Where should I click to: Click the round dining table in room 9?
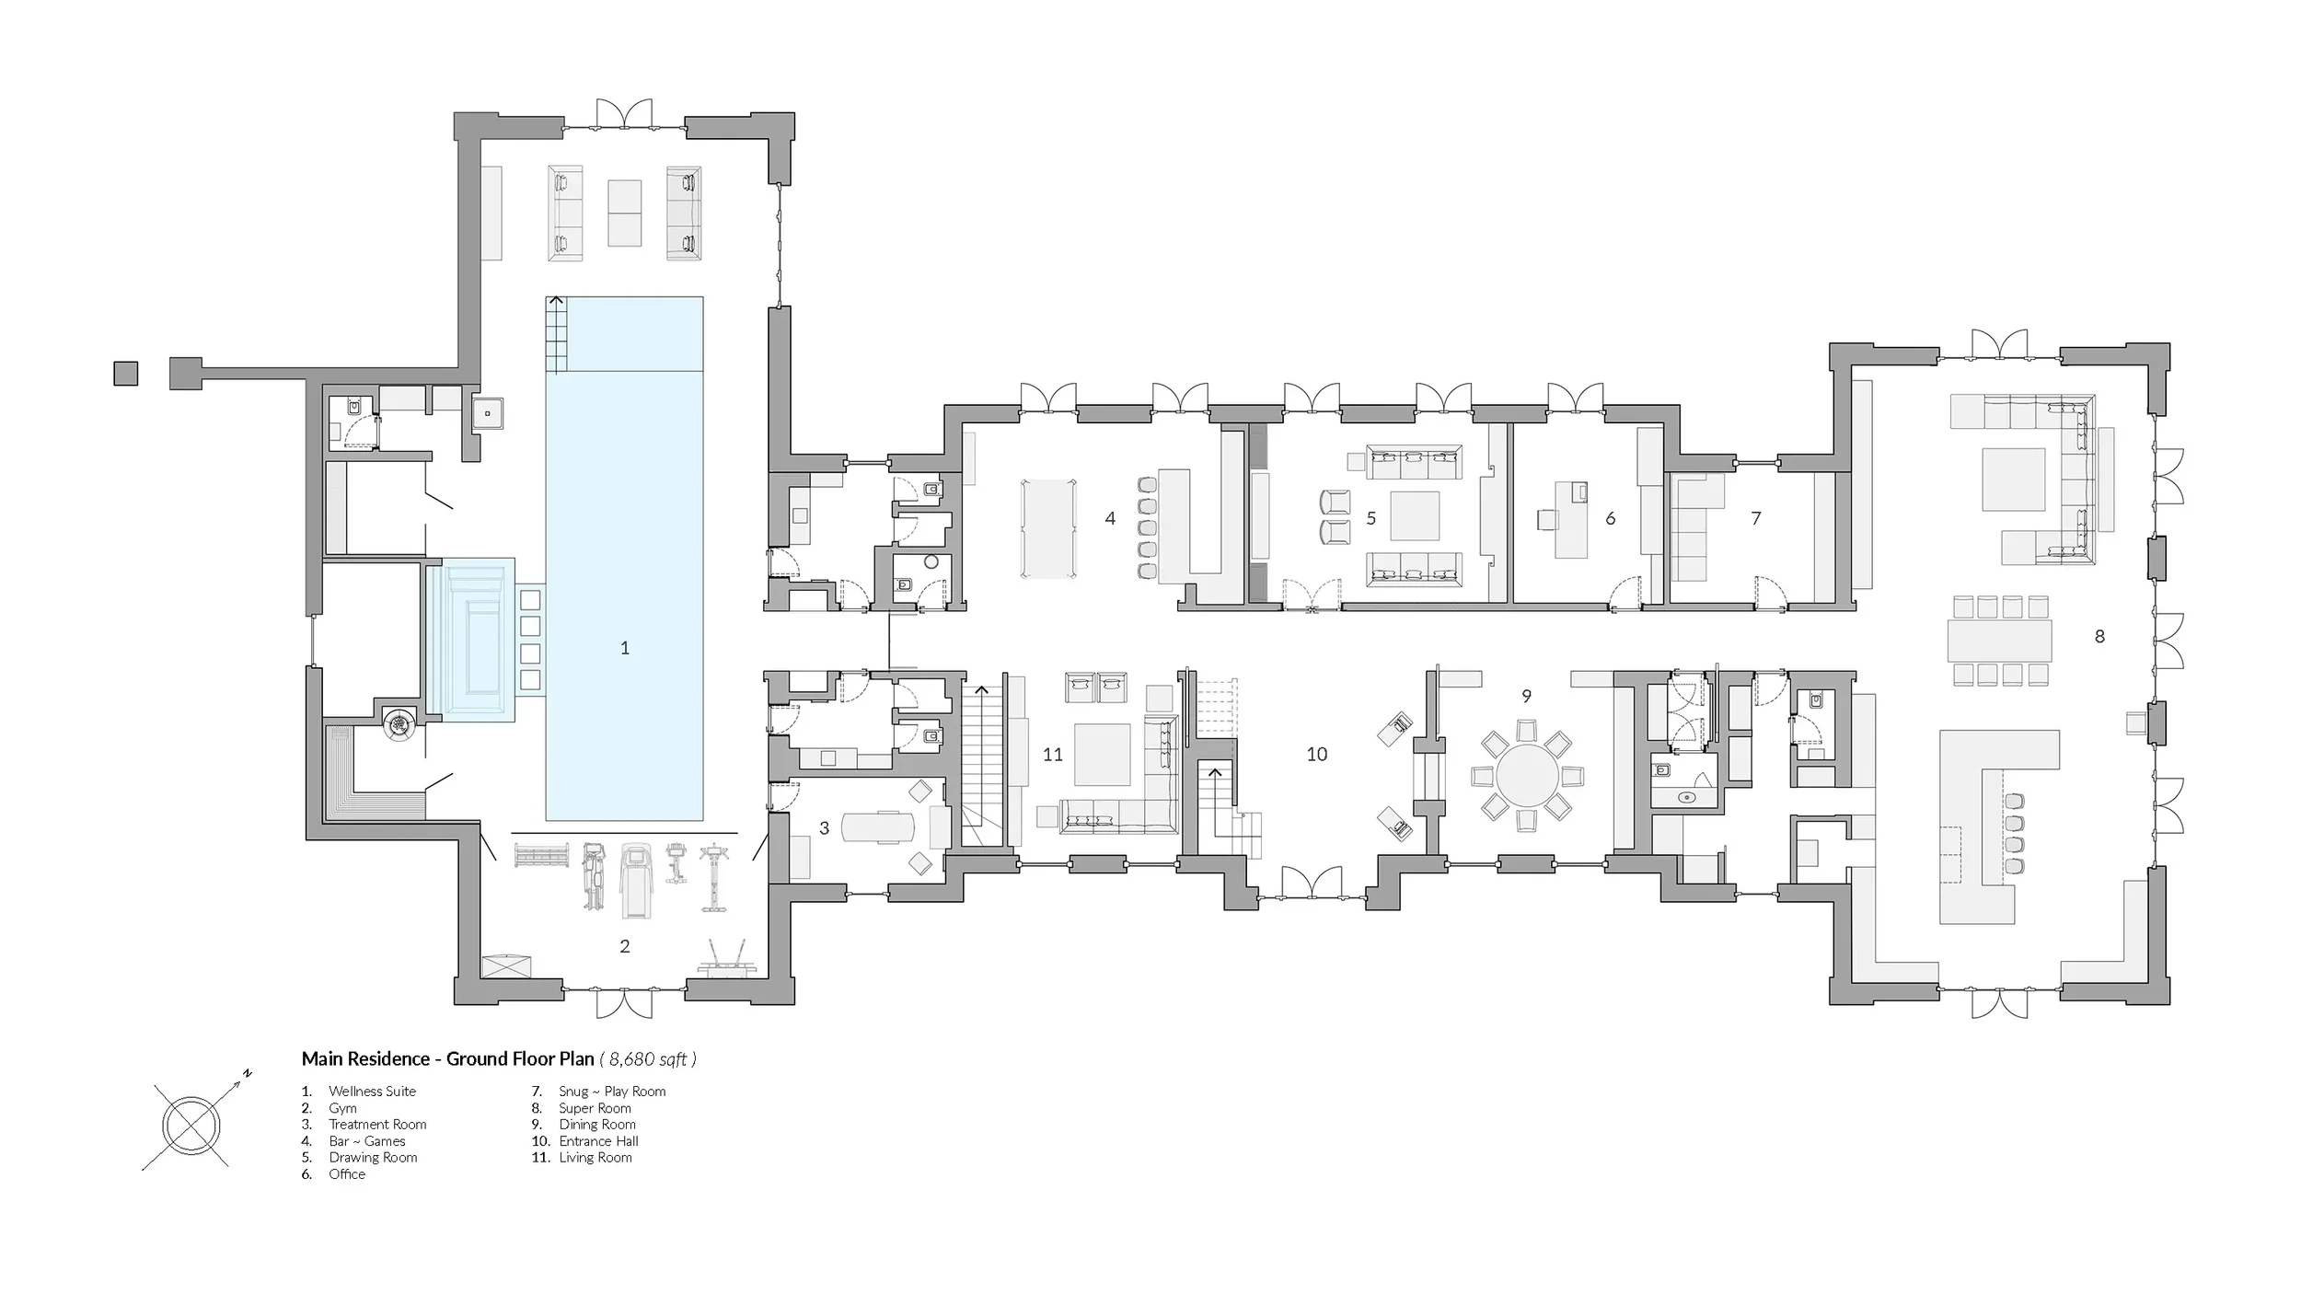click(x=1527, y=775)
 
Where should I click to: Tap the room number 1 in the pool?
click(x=625, y=648)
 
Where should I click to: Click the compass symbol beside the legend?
click(x=192, y=1125)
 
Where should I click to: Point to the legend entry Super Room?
click(x=595, y=1108)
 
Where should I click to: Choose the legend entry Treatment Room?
click(x=377, y=1125)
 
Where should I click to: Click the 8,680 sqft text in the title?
click(x=648, y=1059)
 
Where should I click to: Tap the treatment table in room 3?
click(x=879, y=826)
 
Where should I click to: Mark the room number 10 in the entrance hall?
click(x=1317, y=755)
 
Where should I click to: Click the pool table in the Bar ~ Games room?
click(x=1048, y=528)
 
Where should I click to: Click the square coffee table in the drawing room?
click(x=1415, y=516)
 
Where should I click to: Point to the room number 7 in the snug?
click(x=1756, y=518)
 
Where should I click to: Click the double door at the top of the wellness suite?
click(x=624, y=114)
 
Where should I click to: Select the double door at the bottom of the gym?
click(x=624, y=1002)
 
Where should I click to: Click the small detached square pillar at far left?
click(x=126, y=374)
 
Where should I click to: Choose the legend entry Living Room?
click(x=595, y=1158)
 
